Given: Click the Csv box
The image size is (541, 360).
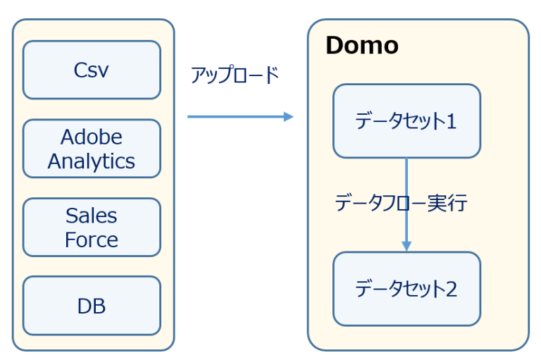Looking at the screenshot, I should click(x=92, y=70).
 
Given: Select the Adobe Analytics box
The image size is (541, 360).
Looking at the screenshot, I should click(x=92, y=149).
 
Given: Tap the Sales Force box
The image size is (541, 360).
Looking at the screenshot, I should click(x=92, y=227).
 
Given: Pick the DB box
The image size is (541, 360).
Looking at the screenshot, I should click(x=92, y=305).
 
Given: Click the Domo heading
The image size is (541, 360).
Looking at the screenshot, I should click(x=361, y=46).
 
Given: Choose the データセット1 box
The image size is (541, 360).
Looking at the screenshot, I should click(x=406, y=121).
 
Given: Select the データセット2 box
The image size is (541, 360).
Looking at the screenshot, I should click(x=406, y=288).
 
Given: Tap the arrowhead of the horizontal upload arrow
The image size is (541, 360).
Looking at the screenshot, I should click(x=288, y=117).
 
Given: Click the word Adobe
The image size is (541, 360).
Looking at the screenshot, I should click(x=92, y=137).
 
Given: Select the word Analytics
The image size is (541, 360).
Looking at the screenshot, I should click(x=92, y=161).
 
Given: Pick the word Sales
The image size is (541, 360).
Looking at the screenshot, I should click(x=92, y=215).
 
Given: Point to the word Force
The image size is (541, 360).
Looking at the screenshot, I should click(x=92, y=240).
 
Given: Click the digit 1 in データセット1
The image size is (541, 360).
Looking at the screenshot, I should click(x=451, y=121).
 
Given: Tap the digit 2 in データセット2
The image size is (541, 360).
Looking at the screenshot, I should click(x=451, y=288).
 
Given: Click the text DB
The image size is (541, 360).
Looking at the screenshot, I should click(x=92, y=306).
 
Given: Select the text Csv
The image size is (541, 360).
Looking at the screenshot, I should click(x=92, y=70).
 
